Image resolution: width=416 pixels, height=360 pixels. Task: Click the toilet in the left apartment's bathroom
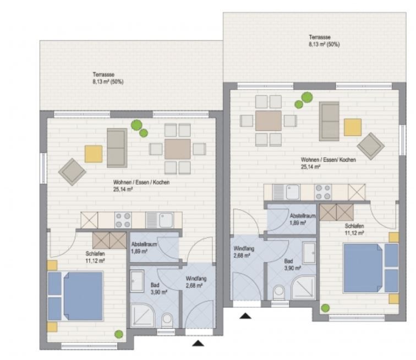click(167, 320)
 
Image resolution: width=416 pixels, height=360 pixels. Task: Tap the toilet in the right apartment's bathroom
click(279, 292)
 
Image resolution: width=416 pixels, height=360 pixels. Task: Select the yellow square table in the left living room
click(94, 154)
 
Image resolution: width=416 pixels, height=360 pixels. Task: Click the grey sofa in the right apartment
click(329, 121)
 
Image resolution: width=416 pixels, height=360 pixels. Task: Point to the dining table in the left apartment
click(177, 149)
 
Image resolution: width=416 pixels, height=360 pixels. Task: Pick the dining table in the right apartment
click(268, 120)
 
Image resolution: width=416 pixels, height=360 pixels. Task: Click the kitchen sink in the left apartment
click(160, 220)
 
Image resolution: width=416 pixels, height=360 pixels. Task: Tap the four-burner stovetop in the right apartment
click(322, 192)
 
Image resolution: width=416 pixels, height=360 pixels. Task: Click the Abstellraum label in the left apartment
click(144, 244)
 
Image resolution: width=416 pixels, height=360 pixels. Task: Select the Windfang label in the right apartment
click(244, 249)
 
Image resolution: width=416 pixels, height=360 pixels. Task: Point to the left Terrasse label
click(103, 74)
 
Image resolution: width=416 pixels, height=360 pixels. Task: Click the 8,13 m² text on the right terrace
click(317, 45)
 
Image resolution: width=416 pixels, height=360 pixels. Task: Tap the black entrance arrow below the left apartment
click(198, 344)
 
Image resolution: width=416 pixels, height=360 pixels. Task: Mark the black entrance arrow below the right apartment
click(245, 315)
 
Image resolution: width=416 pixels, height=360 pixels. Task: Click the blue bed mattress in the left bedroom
click(83, 296)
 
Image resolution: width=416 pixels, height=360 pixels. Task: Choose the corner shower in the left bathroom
click(142, 315)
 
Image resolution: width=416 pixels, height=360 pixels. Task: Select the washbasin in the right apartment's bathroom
click(309, 253)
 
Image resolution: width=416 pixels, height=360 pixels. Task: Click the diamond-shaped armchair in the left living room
click(72, 171)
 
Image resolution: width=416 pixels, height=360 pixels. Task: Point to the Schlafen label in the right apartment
click(354, 226)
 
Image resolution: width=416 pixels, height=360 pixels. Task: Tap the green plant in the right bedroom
click(325, 308)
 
